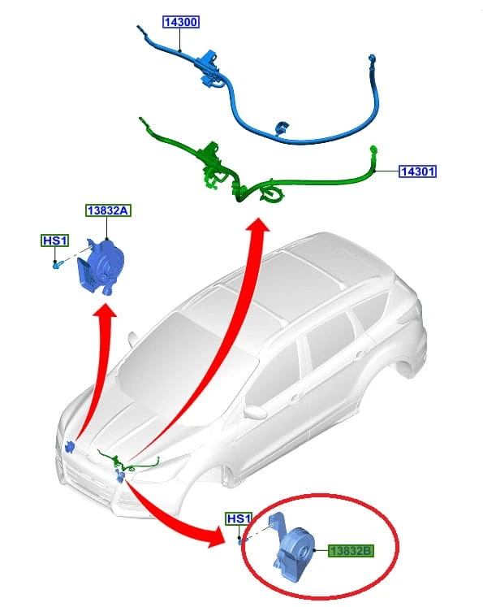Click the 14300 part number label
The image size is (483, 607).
[x=180, y=22]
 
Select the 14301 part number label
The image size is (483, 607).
[x=417, y=171]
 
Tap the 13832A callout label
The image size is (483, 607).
[x=108, y=210]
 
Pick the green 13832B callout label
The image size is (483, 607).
[x=351, y=550]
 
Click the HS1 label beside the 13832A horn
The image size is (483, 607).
[x=55, y=241]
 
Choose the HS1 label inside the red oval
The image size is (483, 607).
[x=239, y=518]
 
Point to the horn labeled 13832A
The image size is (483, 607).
[x=101, y=267]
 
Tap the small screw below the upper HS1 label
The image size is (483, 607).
[x=57, y=265]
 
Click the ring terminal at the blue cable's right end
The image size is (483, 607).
[x=371, y=59]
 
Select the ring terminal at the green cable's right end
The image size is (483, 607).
[x=373, y=149]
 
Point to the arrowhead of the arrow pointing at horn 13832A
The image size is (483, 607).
[x=105, y=310]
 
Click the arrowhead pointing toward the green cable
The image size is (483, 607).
[x=257, y=225]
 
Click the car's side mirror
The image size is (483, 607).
[x=255, y=413]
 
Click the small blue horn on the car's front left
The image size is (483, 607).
[x=70, y=447]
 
